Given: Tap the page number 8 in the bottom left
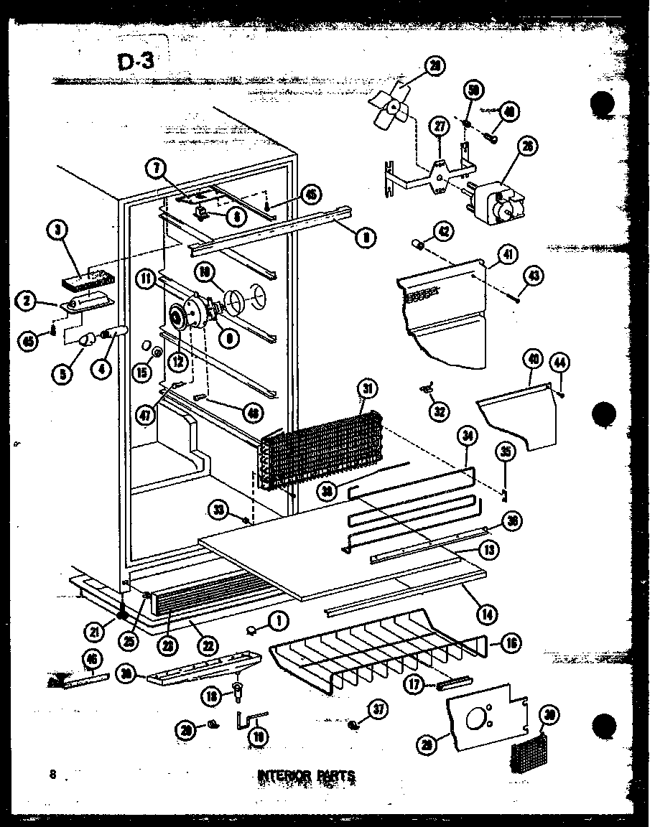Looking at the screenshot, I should pyautogui.click(x=53, y=774).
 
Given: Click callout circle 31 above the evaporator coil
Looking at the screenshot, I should pyautogui.click(x=368, y=389).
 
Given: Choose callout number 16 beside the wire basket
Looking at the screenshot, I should pyautogui.click(x=511, y=643).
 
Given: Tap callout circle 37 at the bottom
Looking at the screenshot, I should pyautogui.click(x=377, y=709).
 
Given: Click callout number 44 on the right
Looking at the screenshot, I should pyautogui.click(x=561, y=363).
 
